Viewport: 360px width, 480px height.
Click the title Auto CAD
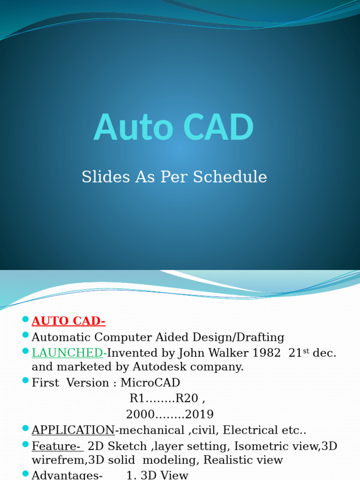(x=174, y=127)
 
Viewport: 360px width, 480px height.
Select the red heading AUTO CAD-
(x=68, y=321)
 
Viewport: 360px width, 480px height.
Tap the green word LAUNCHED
(x=67, y=353)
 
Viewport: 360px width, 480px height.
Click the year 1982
(x=265, y=353)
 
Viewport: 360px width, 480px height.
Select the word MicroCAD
(x=150, y=382)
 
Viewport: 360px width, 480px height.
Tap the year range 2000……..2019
(x=170, y=414)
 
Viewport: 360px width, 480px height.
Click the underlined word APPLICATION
(x=73, y=430)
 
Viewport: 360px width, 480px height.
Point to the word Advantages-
(x=67, y=475)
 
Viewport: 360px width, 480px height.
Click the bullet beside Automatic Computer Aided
(x=25, y=336)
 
